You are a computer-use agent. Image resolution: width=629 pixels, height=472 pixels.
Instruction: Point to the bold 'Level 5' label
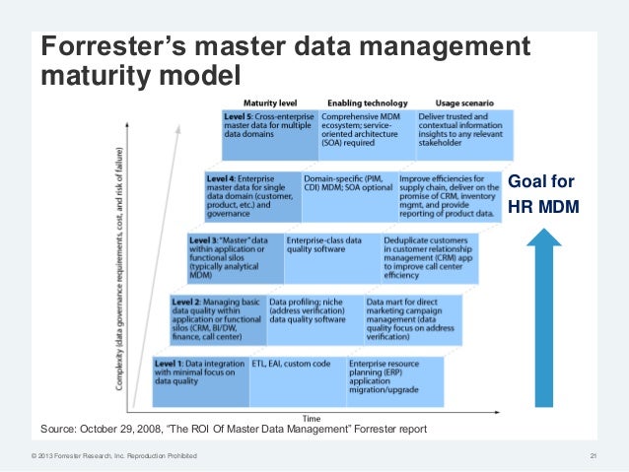(x=240, y=116)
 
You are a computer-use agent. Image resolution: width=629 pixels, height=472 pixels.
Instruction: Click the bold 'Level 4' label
(x=222, y=178)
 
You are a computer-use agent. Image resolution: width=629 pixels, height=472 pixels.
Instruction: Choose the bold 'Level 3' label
(x=204, y=240)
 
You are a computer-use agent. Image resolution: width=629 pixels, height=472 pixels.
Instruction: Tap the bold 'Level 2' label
(x=186, y=301)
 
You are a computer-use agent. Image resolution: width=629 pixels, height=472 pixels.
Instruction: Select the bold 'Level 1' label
(x=170, y=364)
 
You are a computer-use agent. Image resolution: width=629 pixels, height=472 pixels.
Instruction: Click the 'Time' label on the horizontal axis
(x=311, y=419)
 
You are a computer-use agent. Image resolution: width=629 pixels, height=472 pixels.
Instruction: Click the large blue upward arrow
(x=551, y=315)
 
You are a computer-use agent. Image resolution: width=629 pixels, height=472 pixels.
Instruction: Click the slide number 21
(x=594, y=455)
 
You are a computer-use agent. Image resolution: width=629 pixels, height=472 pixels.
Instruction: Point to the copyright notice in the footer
(x=113, y=455)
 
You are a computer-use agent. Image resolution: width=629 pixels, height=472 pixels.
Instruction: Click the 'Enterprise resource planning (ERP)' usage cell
(x=392, y=374)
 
